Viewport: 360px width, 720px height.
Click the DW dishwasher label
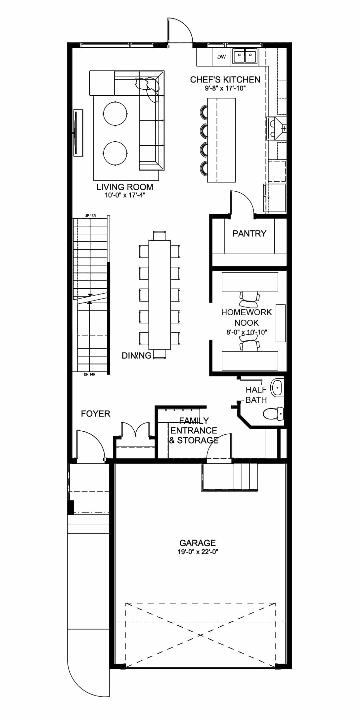pos(221,57)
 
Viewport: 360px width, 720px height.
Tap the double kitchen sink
pos(245,56)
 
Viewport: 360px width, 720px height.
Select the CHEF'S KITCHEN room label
pos(225,79)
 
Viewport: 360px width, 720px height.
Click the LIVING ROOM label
pos(125,187)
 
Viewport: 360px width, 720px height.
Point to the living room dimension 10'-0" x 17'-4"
pos(125,195)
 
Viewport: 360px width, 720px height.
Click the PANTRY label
pos(249,234)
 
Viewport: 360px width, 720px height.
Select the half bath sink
pos(277,388)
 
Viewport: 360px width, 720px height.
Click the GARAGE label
pos(198,543)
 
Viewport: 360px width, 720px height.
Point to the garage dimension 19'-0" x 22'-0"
pos(198,552)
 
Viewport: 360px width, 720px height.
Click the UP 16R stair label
pos(90,216)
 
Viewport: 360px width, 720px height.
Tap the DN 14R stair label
pos(90,374)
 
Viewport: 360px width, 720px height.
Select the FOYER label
pos(96,414)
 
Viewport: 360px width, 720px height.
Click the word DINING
pos(137,356)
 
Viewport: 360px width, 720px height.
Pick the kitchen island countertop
pos(221,140)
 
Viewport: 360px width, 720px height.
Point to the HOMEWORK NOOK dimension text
pos(247,332)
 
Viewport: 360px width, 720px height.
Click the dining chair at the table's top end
pos(160,236)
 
